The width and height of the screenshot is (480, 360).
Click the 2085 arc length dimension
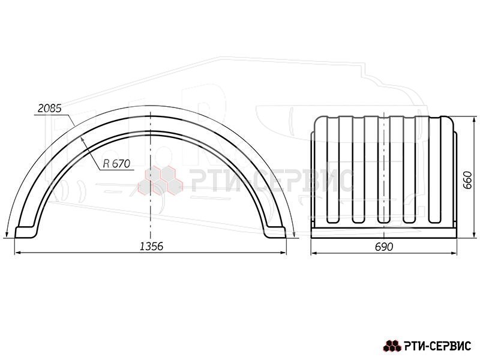click(50, 109)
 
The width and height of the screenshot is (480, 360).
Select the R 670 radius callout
click(116, 164)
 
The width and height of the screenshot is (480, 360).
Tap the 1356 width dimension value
click(152, 246)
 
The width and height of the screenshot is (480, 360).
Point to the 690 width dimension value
click(384, 247)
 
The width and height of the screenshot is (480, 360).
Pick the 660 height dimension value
click(467, 180)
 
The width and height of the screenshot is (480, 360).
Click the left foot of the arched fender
click(26, 232)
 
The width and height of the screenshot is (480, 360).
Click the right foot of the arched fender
click(275, 232)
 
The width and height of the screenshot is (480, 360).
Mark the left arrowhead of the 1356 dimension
click(18, 253)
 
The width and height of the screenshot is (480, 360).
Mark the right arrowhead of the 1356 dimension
click(283, 253)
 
